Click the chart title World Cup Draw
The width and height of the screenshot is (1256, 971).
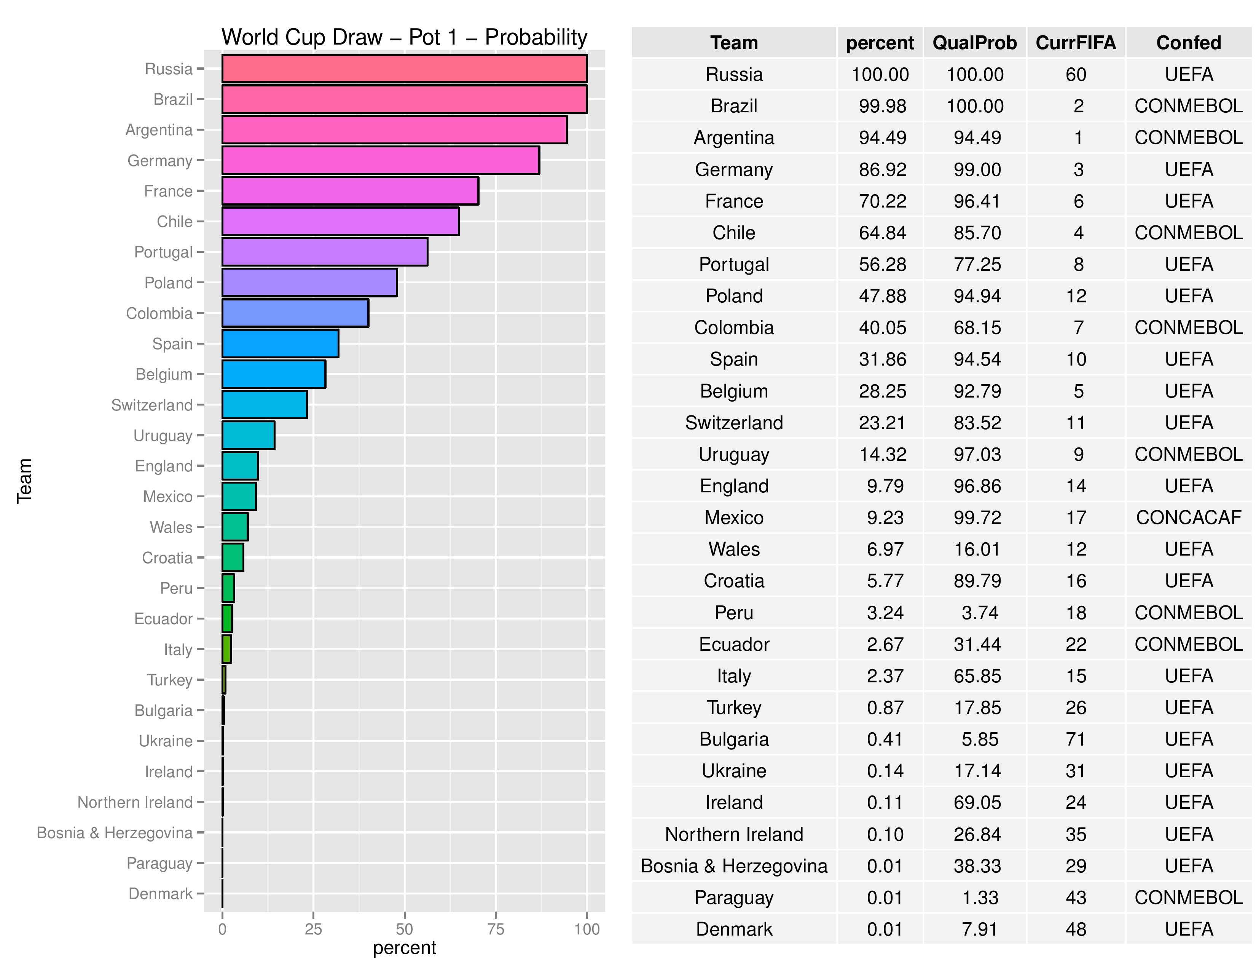(404, 37)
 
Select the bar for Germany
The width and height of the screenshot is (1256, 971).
(380, 160)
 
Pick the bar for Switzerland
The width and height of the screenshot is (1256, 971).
(265, 405)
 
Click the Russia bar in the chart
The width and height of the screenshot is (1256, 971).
(404, 69)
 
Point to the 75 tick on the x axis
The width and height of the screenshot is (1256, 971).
(495, 929)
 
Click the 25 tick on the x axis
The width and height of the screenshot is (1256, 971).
(313, 929)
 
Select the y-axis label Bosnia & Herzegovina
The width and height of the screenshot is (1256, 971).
(115, 833)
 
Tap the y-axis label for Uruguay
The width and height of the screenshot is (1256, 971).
(163, 436)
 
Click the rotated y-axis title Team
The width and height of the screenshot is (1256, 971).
(24, 481)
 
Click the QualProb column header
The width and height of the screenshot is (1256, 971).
(974, 43)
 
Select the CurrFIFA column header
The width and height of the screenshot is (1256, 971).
(1076, 43)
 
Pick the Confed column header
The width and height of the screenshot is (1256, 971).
(1188, 43)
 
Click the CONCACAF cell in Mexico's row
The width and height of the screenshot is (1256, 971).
(1188, 518)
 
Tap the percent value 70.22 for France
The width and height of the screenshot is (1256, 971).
(882, 201)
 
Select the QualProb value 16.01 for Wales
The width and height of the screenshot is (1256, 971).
(977, 549)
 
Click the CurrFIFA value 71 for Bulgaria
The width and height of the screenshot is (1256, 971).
(1076, 739)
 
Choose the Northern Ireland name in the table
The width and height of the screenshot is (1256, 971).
(734, 834)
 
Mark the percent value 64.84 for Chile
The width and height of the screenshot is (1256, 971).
(882, 233)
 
